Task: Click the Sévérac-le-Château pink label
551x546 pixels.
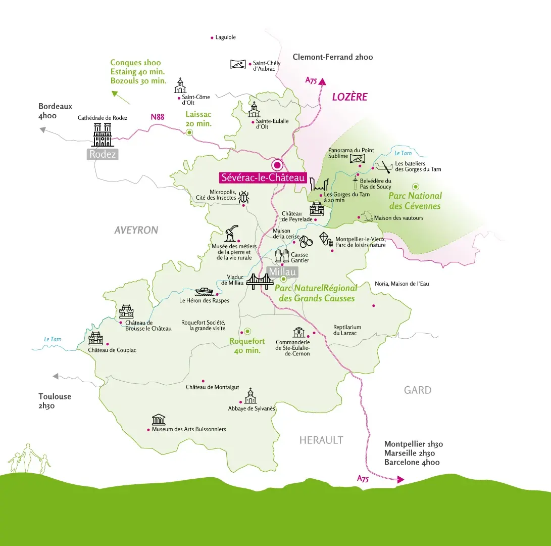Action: click(263, 177)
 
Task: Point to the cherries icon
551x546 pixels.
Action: click(307, 242)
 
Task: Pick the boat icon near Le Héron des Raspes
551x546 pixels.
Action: click(205, 291)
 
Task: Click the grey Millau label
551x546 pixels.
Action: click(283, 272)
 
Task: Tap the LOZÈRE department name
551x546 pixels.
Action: click(349, 97)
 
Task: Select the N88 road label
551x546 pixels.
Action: click(158, 117)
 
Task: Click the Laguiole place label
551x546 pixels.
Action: click(225, 37)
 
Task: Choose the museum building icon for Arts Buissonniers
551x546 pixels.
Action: click(159, 420)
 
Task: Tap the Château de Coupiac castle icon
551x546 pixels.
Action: click(95, 338)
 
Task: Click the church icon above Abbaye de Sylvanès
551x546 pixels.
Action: click(250, 396)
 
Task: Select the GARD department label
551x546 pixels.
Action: click(418, 390)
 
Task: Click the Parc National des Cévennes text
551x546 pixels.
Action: click(415, 201)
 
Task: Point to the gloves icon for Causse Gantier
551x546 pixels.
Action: click(282, 255)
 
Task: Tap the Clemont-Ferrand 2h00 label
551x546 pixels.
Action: click(332, 57)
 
